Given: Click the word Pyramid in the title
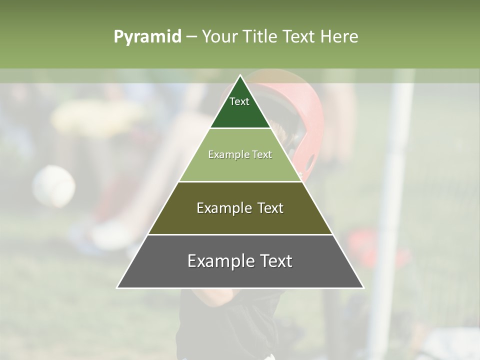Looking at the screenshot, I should tap(147, 37).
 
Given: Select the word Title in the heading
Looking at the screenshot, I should tap(259, 37).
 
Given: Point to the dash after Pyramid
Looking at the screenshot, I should tap(191, 37).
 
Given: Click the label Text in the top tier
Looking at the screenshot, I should tap(239, 101).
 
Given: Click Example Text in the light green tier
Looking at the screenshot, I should tap(240, 154).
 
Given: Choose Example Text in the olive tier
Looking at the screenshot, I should tap(240, 208).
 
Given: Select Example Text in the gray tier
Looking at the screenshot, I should tap(240, 261).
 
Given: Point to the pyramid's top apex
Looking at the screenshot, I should tap(240, 75).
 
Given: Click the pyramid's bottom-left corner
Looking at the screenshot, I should tap(117, 287).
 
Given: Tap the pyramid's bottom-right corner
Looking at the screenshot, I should tap(363, 287).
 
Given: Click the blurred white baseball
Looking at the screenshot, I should tap(53, 186).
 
